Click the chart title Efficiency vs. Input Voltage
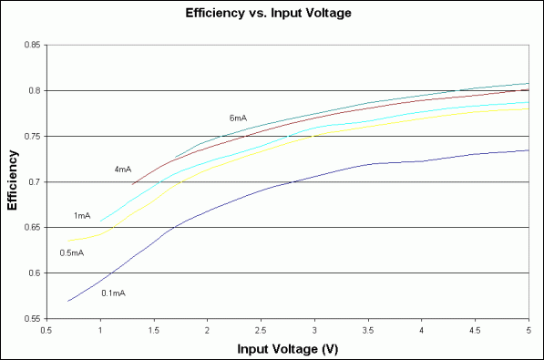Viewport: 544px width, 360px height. (271, 14)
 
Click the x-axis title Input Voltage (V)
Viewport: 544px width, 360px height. (287, 349)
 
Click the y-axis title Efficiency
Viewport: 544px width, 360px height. (13, 181)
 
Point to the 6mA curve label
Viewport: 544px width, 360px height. (239, 118)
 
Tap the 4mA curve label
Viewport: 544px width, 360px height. (123, 170)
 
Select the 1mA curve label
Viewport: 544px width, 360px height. (82, 216)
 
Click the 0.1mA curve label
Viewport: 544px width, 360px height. (113, 293)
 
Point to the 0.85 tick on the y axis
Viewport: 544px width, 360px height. (32, 45)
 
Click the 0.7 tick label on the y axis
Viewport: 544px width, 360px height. (34, 181)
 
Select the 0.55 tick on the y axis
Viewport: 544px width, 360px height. (32, 319)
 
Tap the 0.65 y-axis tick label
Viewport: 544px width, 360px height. (32, 228)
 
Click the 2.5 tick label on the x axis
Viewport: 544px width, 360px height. (261, 330)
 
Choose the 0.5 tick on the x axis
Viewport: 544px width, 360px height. (46, 330)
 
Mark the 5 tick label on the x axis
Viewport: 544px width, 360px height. (529, 330)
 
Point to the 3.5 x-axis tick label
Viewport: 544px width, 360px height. (368, 330)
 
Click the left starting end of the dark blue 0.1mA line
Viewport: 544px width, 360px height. (68, 301)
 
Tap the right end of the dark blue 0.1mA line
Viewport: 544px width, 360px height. (529, 150)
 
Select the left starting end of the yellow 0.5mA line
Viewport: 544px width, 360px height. (68, 241)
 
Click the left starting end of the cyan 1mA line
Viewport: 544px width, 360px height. (100, 221)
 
